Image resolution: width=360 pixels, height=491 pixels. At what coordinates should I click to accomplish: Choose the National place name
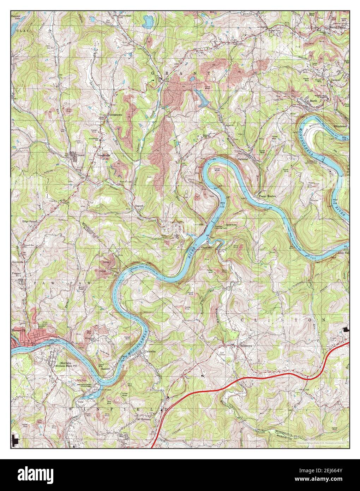(244, 159)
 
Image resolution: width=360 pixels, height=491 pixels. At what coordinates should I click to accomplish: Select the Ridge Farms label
(30, 221)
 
